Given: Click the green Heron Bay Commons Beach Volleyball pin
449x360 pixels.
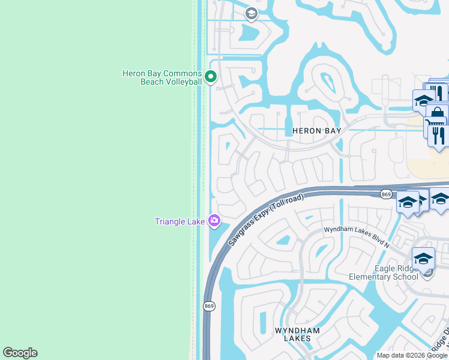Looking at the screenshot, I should (x=210, y=76).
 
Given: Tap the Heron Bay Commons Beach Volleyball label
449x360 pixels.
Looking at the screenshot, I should (x=161, y=77).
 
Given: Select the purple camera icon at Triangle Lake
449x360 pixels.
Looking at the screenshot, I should (x=214, y=221).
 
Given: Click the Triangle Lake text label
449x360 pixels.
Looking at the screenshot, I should (x=180, y=221).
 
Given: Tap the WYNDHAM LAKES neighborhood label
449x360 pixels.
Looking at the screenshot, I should (x=298, y=334).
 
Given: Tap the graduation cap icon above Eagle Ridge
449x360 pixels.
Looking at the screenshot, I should (x=423, y=258).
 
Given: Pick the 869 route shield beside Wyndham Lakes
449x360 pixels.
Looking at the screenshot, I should (x=209, y=306).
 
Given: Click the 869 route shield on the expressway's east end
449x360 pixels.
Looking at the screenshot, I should (x=386, y=194).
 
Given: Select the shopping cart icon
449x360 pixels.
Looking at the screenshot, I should (x=435, y=127).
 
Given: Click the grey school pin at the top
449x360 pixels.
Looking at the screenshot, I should (x=251, y=13).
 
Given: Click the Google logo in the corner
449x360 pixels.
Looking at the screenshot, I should (x=20, y=353).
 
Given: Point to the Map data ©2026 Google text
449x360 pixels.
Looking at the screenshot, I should (x=412, y=355).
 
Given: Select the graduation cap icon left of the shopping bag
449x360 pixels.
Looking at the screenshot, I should (x=423, y=100).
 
